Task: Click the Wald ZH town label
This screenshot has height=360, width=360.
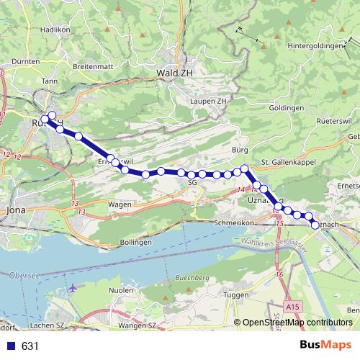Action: coord(174,73)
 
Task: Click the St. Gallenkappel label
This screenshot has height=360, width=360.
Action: coord(287,161)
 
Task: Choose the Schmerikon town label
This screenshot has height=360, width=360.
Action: coord(235,223)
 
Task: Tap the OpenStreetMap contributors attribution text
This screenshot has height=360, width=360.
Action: coord(297,323)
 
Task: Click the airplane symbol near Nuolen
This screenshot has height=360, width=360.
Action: coord(73,289)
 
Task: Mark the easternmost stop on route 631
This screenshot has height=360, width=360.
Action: coord(315,225)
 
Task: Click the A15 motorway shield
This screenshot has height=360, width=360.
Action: coord(292,307)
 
